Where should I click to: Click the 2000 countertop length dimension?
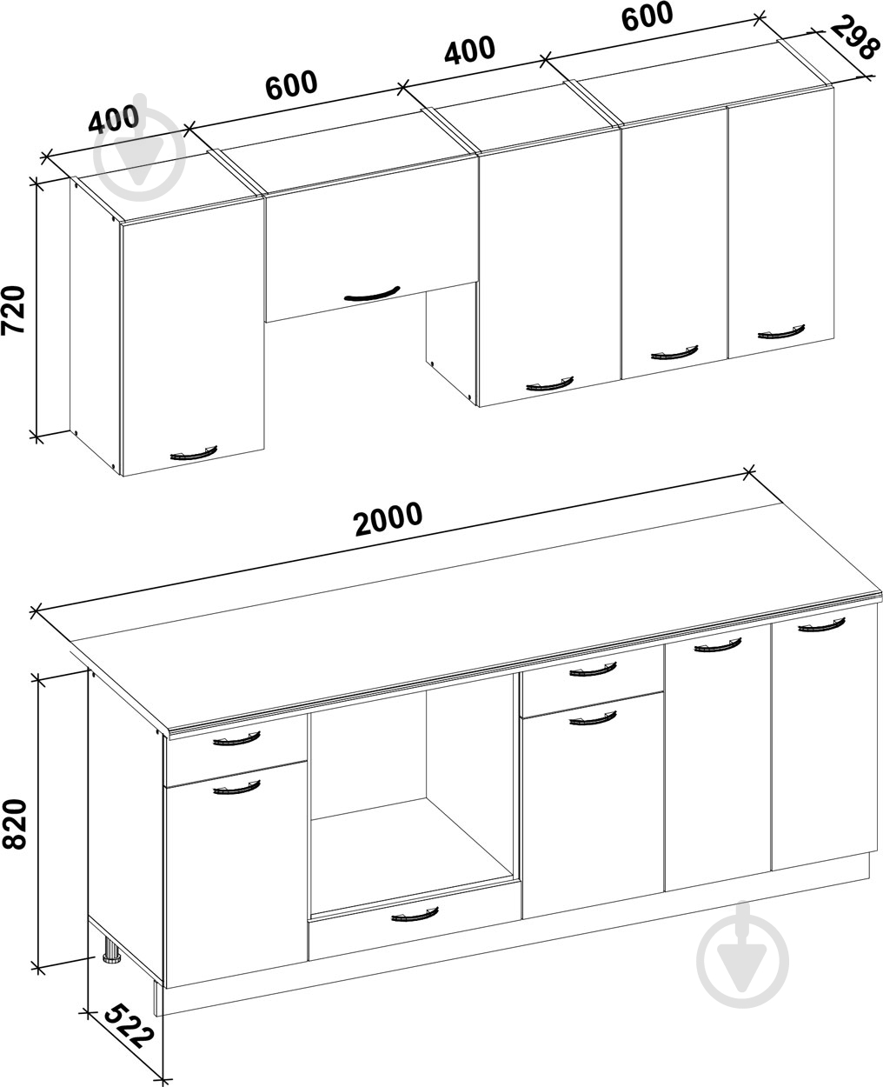click(x=388, y=518)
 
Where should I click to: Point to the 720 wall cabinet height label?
click(x=13, y=310)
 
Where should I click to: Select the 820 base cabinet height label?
click(x=14, y=824)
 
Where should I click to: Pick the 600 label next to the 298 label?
click(x=647, y=17)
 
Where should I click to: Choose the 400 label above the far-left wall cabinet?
click(x=114, y=119)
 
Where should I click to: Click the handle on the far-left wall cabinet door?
click(x=193, y=453)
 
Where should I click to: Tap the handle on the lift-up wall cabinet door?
click(x=371, y=294)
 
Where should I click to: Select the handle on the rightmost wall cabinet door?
click(x=781, y=331)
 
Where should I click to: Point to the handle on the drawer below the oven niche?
click(x=415, y=914)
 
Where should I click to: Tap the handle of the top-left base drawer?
click(x=236, y=738)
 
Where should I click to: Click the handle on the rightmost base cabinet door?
click(x=821, y=624)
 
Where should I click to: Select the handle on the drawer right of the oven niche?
click(x=593, y=669)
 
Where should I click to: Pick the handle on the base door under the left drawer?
click(x=236, y=787)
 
